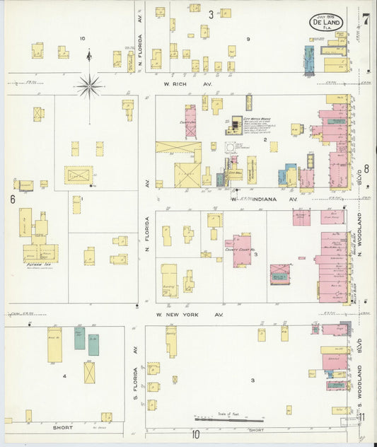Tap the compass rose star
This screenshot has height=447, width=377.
point(89,86)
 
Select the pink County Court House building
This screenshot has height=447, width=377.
point(242,250)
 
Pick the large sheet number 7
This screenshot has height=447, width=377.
point(366,17)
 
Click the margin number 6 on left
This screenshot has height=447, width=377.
point(13,200)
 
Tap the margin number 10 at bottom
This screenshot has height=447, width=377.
point(195,434)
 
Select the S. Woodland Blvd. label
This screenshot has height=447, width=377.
point(359,385)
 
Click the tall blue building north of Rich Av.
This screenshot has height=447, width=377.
point(309,61)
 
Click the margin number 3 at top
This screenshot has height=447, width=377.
point(211,14)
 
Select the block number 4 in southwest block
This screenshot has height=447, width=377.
point(64,376)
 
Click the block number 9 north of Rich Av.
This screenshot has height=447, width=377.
point(248,39)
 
